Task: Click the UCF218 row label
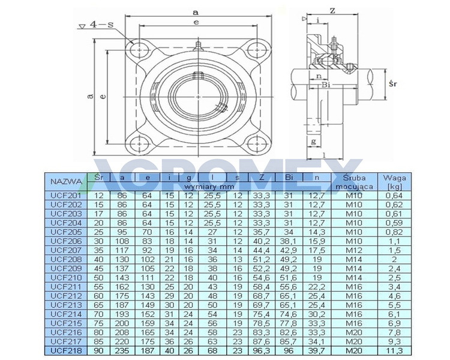point(66,350)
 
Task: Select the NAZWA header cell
point(66,182)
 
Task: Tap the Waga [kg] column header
point(394,182)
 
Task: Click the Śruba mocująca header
point(354,182)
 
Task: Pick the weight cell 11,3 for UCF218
point(394,350)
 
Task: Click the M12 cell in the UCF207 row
point(354,250)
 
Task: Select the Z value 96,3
point(262,350)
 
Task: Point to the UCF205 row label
point(66,232)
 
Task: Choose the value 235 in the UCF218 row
point(122,350)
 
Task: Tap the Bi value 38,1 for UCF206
point(289,241)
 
